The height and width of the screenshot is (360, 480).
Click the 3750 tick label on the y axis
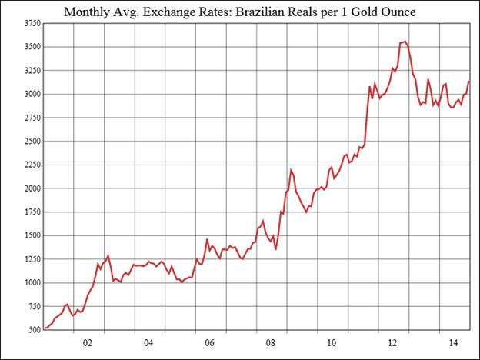click(32, 24)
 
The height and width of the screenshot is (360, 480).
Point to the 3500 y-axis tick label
click(32, 47)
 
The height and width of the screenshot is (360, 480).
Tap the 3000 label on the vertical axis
click(32, 94)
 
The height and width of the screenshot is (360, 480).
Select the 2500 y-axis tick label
click(32, 142)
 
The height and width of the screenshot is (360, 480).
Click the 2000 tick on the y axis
click(32, 188)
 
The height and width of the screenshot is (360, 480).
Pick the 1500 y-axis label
click(32, 235)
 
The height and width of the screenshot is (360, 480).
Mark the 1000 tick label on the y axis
click(32, 282)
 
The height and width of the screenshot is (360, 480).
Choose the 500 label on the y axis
click(34, 330)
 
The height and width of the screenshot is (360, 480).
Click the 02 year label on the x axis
click(88, 343)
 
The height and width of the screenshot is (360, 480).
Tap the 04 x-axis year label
click(149, 343)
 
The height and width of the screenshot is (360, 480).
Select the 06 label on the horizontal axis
click(209, 343)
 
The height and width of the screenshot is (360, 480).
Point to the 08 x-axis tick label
click(270, 343)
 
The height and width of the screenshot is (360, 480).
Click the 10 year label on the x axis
click(331, 343)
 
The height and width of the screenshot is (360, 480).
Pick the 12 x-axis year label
click(392, 343)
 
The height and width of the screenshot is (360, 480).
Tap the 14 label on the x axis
click(453, 343)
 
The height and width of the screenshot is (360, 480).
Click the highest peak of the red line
click(405, 42)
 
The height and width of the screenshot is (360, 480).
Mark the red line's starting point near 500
click(45, 328)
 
